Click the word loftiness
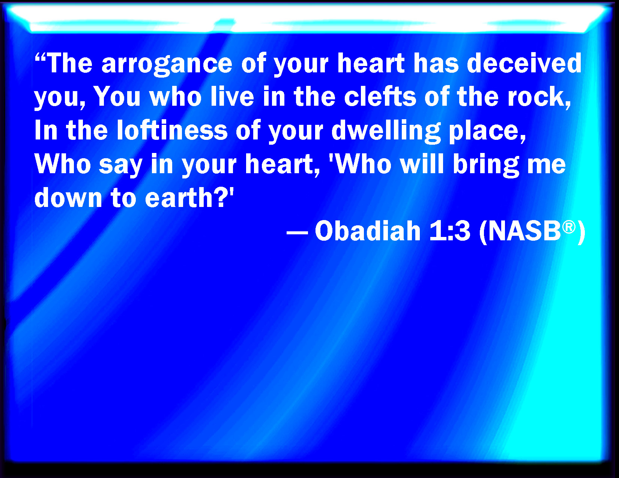point(172,130)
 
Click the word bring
point(486,165)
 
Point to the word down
point(68,197)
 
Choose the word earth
point(179,197)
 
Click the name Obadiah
point(368,231)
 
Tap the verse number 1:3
point(449,231)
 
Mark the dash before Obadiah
point(297,233)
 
